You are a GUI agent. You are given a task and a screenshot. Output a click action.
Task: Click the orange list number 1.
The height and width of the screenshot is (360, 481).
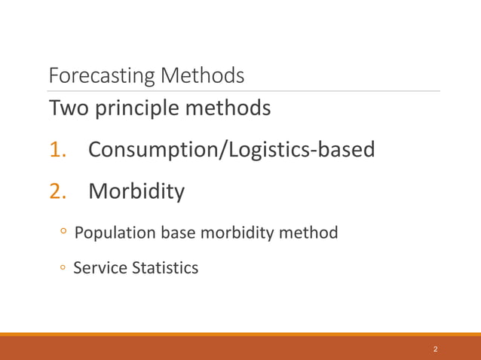click(x=58, y=151)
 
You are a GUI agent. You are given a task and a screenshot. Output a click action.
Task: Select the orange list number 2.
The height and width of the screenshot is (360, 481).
click(x=58, y=192)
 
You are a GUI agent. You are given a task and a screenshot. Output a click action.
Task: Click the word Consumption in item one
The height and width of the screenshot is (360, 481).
click(x=152, y=151)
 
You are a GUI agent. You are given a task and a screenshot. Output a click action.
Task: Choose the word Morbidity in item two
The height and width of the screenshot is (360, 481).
click(x=136, y=192)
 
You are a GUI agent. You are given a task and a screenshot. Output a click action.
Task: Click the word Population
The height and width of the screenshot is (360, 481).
click(x=115, y=233)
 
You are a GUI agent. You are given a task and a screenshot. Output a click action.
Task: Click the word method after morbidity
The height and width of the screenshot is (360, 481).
click(x=309, y=233)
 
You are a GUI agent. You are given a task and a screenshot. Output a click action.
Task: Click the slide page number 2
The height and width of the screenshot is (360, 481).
click(x=436, y=350)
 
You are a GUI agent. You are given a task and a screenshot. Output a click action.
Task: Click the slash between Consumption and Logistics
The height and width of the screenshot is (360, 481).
click(x=221, y=151)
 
